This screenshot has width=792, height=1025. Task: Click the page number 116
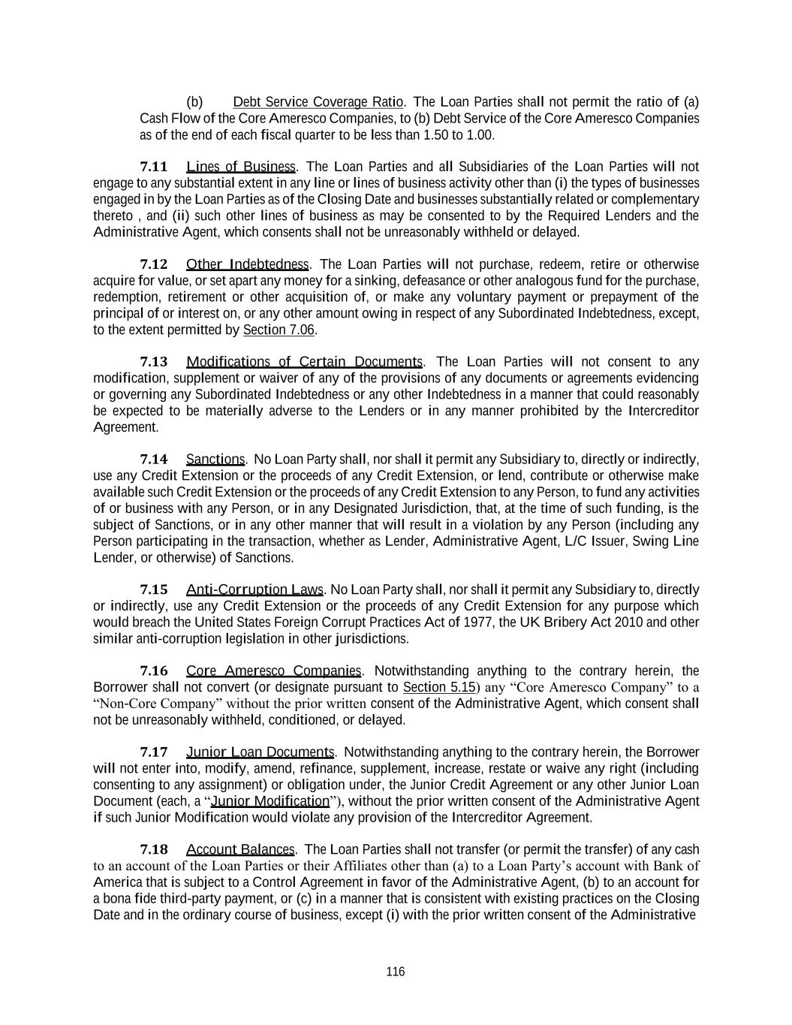(395, 972)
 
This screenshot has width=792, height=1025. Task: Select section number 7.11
(154, 167)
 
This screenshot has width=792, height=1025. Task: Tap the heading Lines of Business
(241, 167)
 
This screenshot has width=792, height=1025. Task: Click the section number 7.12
(154, 264)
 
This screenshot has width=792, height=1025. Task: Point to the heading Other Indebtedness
(247, 264)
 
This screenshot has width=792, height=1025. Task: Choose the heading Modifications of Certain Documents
(304, 362)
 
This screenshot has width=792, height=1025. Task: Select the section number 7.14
(154, 459)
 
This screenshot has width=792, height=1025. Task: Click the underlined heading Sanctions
(215, 459)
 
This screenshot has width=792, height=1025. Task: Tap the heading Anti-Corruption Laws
(254, 589)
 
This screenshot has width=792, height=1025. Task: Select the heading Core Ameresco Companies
(274, 671)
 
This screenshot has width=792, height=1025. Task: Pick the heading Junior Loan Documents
(260, 752)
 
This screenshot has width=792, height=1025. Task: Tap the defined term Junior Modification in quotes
(270, 800)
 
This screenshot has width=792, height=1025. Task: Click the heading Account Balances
(240, 849)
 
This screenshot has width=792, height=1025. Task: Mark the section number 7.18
(154, 849)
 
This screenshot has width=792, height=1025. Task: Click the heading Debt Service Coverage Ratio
(318, 102)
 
